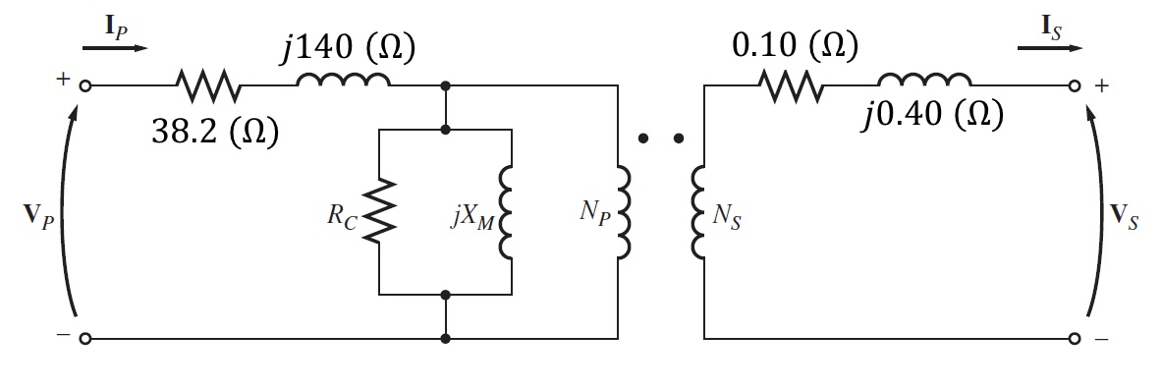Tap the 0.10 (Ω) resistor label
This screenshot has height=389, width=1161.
(x=796, y=46)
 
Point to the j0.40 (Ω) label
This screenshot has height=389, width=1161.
(x=932, y=115)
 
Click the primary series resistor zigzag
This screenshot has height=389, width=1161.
(x=209, y=86)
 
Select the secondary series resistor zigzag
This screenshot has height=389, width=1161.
(x=792, y=86)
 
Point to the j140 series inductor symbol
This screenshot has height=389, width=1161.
(x=344, y=82)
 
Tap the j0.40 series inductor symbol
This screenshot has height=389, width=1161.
(x=924, y=82)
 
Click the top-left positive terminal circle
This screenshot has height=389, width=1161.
(x=85, y=86)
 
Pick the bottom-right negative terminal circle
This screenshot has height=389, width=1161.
(x=1074, y=339)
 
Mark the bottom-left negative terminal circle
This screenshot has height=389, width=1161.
(x=85, y=339)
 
